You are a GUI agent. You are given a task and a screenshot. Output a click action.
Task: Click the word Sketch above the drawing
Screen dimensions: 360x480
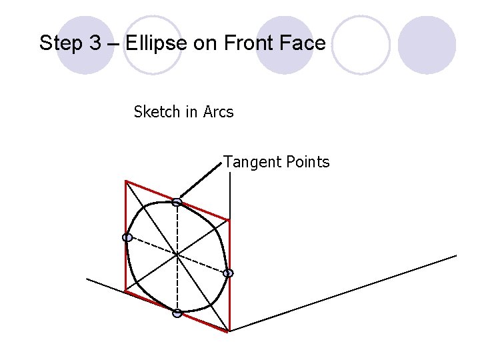[157, 111]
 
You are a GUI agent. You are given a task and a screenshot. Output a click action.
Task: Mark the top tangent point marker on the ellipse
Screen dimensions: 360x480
[177, 202]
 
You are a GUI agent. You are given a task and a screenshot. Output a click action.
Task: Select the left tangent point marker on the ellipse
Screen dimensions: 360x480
[127, 237]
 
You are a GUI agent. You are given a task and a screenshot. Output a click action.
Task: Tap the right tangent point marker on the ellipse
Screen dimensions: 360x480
[228, 273]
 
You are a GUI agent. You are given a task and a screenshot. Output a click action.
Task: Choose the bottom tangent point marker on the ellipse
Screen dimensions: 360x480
[177, 313]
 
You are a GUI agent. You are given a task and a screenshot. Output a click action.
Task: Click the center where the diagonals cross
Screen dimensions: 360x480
[177, 254]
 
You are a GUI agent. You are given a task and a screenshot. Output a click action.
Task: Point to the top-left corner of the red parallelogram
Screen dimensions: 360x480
[126, 180]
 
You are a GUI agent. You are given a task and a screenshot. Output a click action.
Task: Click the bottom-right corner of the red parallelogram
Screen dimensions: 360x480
[229, 331]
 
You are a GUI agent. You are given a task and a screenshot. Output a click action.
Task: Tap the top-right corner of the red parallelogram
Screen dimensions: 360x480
[229, 219]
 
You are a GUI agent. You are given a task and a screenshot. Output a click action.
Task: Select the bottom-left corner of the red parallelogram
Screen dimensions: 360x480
[125, 290]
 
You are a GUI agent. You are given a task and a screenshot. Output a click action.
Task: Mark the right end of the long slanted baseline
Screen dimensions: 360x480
[456, 255]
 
